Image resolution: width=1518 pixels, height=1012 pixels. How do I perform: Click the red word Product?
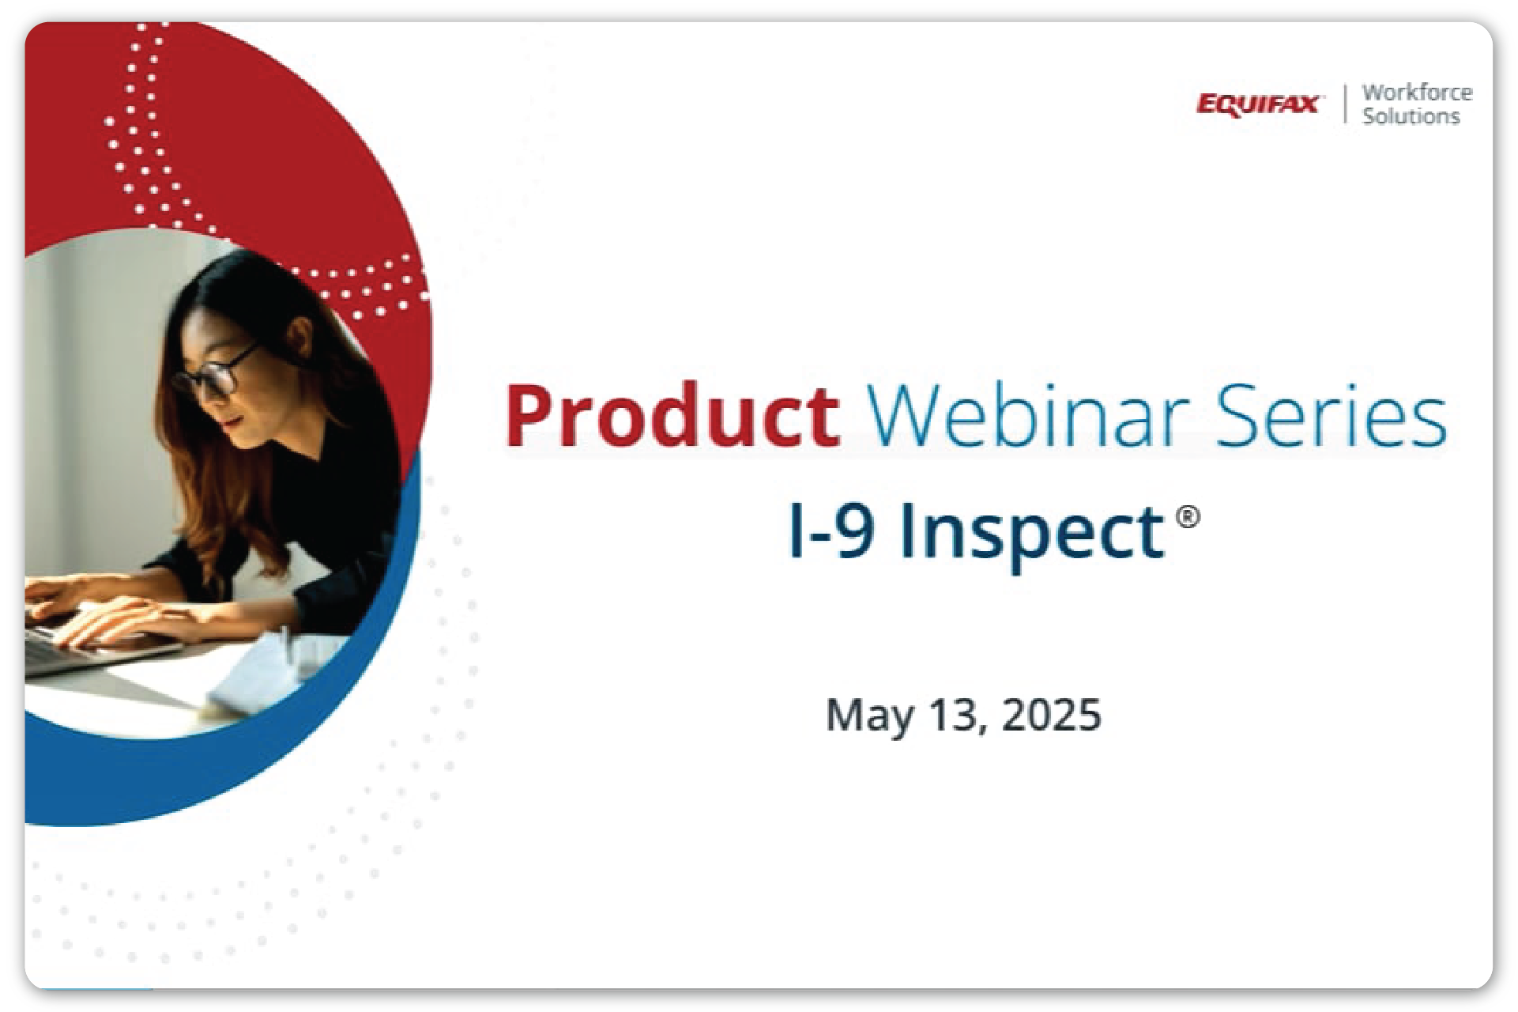click(672, 415)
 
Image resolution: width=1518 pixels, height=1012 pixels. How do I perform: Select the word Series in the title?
click(1332, 416)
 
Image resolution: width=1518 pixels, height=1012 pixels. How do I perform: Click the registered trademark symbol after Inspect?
click(1188, 517)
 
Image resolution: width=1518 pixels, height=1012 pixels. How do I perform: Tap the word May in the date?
click(869, 716)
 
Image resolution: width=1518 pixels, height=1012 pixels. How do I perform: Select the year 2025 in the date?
click(1051, 715)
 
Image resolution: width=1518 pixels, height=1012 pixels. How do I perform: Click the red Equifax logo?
click(1258, 105)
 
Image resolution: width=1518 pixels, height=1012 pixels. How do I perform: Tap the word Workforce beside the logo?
click(1417, 93)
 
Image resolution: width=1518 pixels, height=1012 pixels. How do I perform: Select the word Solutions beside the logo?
click(1411, 116)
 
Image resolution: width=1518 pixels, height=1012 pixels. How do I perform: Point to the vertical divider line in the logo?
click(1345, 104)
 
